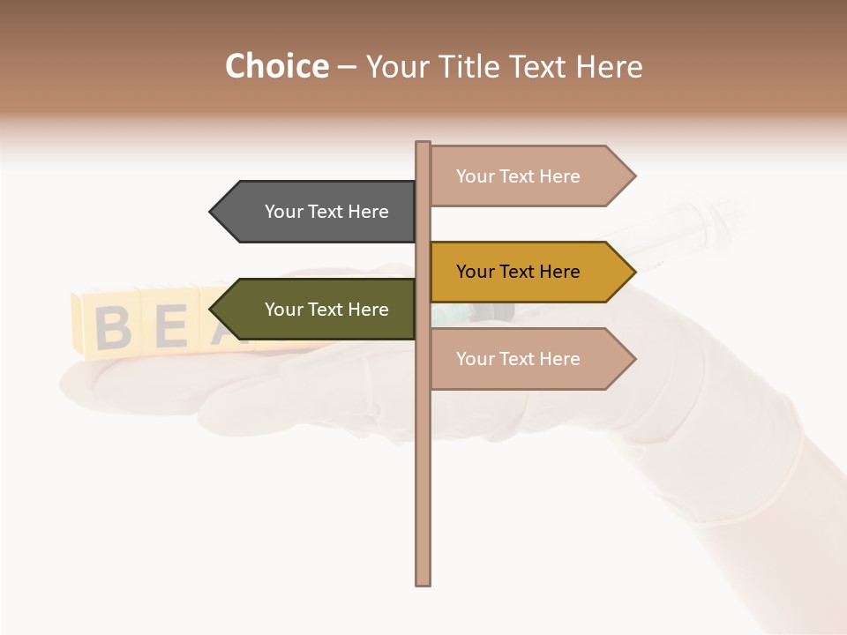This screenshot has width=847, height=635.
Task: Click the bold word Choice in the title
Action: (276, 66)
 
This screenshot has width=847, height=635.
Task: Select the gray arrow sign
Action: (318, 212)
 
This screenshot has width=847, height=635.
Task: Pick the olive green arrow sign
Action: (318, 310)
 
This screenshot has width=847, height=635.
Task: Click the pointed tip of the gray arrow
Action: (212, 212)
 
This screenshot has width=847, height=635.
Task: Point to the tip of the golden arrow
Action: (634, 272)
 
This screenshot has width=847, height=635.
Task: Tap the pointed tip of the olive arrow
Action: (212, 310)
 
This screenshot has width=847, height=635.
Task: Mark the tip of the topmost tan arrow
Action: (634, 176)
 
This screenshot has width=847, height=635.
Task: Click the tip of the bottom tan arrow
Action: (634, 359)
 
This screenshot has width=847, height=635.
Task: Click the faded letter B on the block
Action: (112, 326)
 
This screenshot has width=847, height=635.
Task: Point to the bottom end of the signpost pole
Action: (423, 582)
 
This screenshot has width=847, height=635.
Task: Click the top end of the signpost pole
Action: (423, 144)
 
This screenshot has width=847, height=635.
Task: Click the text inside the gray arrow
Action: (326, 212)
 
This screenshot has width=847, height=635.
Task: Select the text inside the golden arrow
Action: (518, 272)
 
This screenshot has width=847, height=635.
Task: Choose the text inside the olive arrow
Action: (326, 310)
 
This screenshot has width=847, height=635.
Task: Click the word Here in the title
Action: (609, 66)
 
